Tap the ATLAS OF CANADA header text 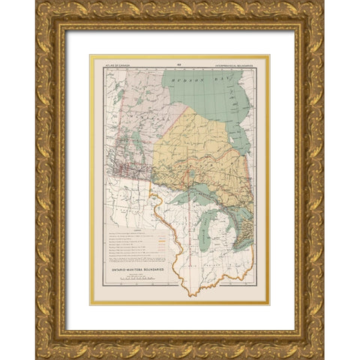point(108,61)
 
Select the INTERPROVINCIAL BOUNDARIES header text point(239,61)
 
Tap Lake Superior point(192,196)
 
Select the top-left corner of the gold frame point(37,4)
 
